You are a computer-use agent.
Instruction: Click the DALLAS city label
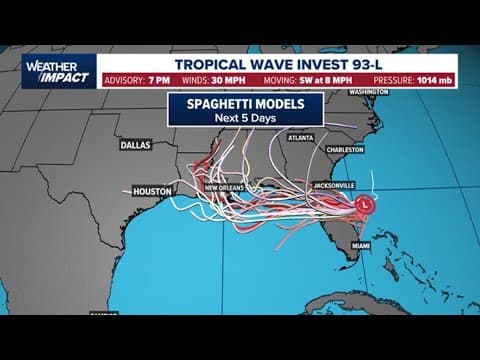135,144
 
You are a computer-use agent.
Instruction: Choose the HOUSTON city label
152,191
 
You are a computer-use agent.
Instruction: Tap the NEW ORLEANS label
226,188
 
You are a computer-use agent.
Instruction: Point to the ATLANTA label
299,138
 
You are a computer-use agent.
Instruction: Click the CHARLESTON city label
345,150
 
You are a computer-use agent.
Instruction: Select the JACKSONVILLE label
326,186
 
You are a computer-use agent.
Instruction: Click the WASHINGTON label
369,92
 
